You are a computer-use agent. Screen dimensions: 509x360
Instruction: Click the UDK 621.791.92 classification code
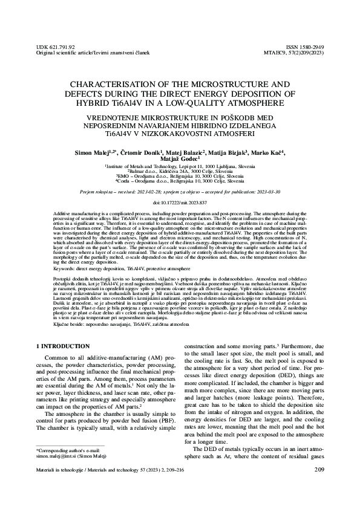click(x=56, y=46)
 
